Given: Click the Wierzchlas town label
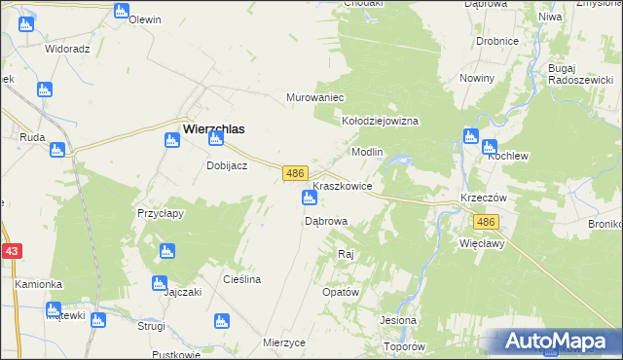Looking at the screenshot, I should pyautogui.click(x=213, y=126).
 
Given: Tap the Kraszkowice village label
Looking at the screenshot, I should pyautogui.click(x=342, y=185).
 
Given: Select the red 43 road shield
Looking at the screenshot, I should pyautogui.click(x=12, y=251).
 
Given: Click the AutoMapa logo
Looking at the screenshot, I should pyautogui.click(x=556, y=342).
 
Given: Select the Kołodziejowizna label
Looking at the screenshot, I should pyautogui.click(x=379, y=122).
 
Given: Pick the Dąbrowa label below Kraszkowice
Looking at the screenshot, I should pyautogui.click(x=326, y=221).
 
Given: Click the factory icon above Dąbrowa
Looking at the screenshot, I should pyautogui.click(x=310, y=199).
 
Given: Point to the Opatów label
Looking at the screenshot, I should pyautogui.click(x=341, y=292).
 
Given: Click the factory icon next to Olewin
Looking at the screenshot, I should pyautogui.click(x=121, y=12).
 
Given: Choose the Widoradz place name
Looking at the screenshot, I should pyautogui.click(x=67, y=48).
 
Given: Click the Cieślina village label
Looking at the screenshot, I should pyautogui.click(x=241, y=279).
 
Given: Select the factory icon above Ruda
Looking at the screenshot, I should pyautogui.click(x=57, y=151).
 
